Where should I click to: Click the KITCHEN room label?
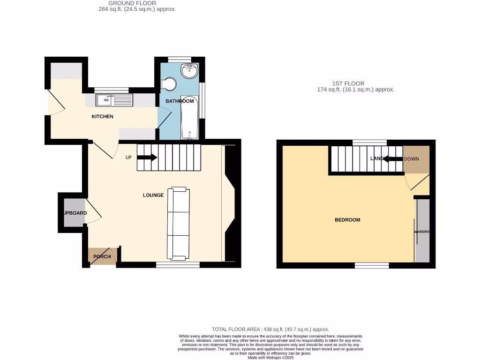pyautogui.click(x=102, y=116)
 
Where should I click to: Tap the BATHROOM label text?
pyautogui.click(x=180, y=101)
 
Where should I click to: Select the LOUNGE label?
pyautogui.click(x=153, y=195)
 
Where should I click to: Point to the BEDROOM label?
pyautogui.click(x=347, y=220)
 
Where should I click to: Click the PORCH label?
pyautogui.click(x=102, y=256)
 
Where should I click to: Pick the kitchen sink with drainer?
pyautogui.click(x=114, y=99)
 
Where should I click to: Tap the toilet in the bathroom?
pyautogui.click(x=169, y=84)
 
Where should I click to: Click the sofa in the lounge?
pyautogui.click(x=179, y=223)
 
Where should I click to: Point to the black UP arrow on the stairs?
pyautogui.click(x=147, y=157)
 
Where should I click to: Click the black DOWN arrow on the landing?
pyautogui.click(x=393, y=159)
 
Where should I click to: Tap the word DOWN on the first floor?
pyautogui.click(x=411, y=159)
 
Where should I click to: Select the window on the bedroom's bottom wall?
pyautogui.click(x=372, y=266)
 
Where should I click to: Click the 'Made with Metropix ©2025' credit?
pyautogui.click(x=270, y=357)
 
